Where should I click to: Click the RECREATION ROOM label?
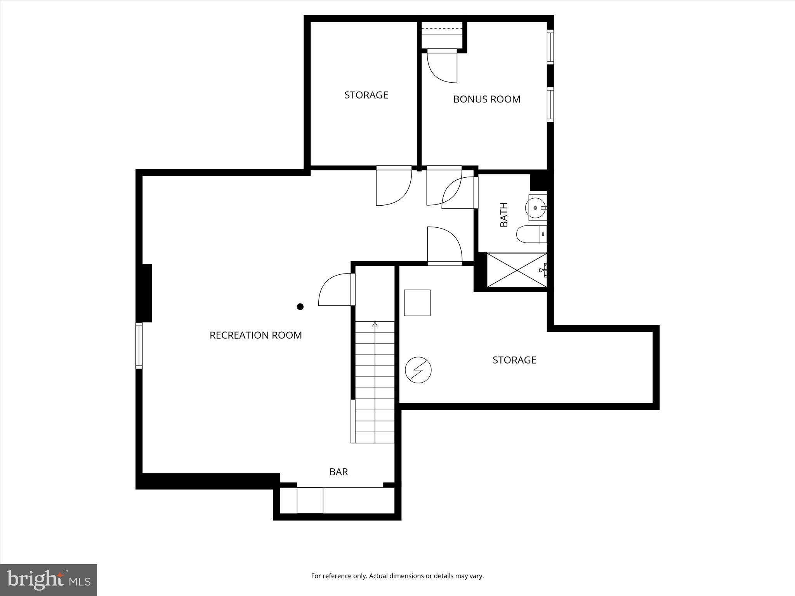pyautogui.click(x=255, y=335)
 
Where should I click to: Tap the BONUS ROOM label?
pyautogui.click(x=486, y=99)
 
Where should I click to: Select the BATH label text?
pyautogui.click(x=504, y=215)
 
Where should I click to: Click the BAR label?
pyautogui.click(x=338, y=472)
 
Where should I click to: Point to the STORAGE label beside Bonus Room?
pyautogui.click(x=366, y=95)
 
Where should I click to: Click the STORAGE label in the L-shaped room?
pyautogui.click(x=514, y=360)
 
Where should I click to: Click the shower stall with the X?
pyautogui.click(x=516, y=270)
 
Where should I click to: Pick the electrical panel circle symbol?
pyautogui.click(x=418, y=370)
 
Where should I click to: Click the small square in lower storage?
pyautogui.click(x=417, y=303)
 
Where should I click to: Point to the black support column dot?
pyautogui.click(x=300, y=307)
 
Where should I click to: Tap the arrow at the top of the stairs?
pyautogui.click(x=375, y=324)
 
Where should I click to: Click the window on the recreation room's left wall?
pyautogui.click(x=139, y=345)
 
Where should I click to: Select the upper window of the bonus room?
pyautogui.click(x=550, y=47)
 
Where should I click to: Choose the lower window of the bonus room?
pyautogui.click(x=550, y=105)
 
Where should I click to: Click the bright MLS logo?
pyautogui.click(x=49, y=580)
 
